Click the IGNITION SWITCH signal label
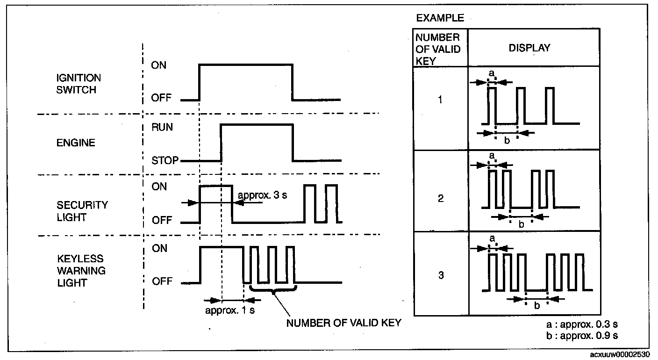point(79,84)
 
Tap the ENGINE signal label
point(75,143)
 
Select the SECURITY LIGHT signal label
point(82,211)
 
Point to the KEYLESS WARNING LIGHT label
point(81,271)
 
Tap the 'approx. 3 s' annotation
point(262,195)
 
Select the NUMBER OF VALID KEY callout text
point(343,323)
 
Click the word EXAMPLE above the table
point(440,18)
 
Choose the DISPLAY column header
point(529,48)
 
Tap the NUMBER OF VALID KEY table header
point(438,49)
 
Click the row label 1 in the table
point(441,100)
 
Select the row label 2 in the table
point(441,199)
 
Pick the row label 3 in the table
point(441,275)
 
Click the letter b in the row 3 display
point(537,306)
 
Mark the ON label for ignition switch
point(159,65)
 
